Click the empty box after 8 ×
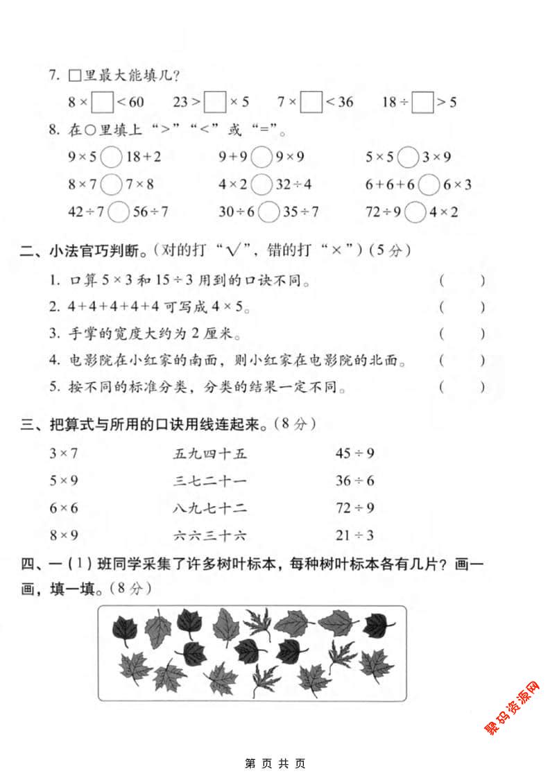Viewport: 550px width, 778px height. (103, 102)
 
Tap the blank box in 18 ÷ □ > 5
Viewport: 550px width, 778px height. (422, 102)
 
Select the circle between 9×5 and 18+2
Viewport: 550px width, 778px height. (111, 157)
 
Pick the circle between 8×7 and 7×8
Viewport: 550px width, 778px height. (111, 184)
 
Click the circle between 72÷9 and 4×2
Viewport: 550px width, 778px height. (415, 211)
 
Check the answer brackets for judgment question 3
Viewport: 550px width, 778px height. (462, 334)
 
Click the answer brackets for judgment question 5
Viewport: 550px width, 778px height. (462, 387)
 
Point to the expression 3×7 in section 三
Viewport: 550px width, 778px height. (63, 453)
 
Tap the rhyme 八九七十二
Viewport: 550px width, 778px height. (209, 508)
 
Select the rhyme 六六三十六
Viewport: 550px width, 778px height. (209, 535)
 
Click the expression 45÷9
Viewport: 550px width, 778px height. (354, 453)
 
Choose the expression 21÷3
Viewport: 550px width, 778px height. (354, 535)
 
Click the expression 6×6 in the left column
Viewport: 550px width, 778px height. (63, 508)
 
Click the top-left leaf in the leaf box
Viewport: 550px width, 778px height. (126, 628)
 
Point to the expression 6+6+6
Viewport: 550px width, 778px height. (389, 184)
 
